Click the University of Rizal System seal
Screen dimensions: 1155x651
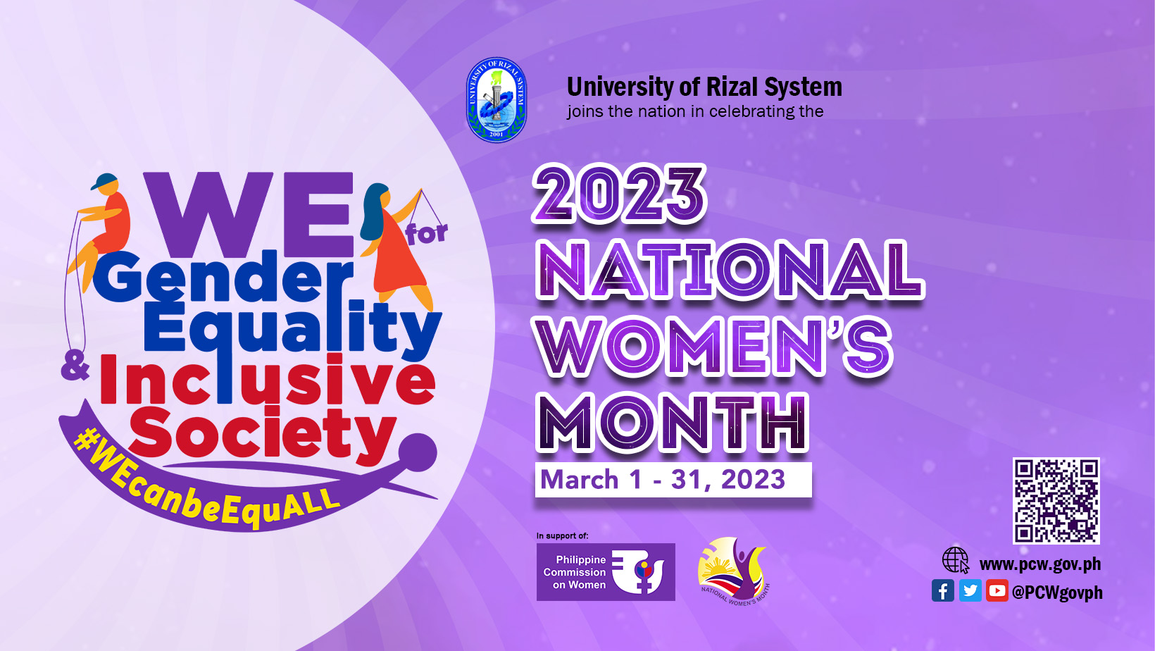click(x=496, y=99)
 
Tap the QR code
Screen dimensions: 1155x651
click(x=1056, y=500)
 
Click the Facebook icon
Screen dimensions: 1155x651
click(x=942, y=590)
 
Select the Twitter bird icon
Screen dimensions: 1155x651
click(x=970, y=590)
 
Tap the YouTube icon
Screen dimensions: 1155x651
click(x=997, y=590)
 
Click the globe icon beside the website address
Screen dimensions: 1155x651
click(x=956, y=560)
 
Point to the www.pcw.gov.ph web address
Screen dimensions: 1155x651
click(x=1040, y=564)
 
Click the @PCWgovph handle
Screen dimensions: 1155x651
click(x=1057, y=593)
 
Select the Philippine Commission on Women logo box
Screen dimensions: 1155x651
click(x=606, y=572)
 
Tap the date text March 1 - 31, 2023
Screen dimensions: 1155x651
click(x=663, y=480)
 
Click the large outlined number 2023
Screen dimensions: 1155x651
click(x=619, y=194)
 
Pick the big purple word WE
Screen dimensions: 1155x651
click(x=249, y=215)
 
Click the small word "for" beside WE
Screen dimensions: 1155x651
click(x=427, y=233)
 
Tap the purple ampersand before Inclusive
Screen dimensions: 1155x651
click(x=75, y=369)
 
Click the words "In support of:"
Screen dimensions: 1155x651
click(x=562, y=536)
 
